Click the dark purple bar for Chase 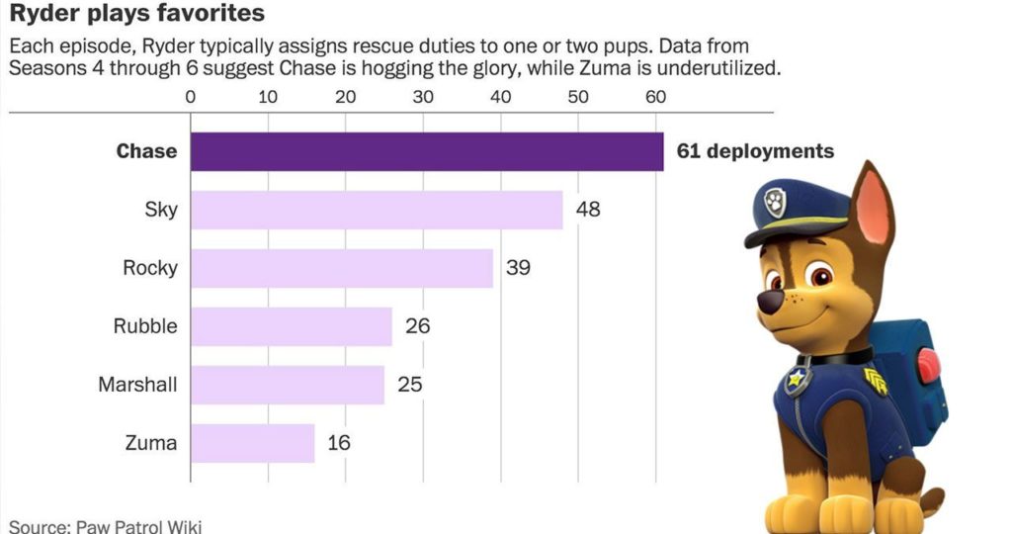point(426,151)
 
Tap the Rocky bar point(341,268)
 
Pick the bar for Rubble point(291,326)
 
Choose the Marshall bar point(287,385)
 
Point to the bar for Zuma point(252,443)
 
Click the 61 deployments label point(755,151)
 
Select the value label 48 point(588,210)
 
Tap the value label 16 point(339,443)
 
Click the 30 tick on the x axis point(423,97)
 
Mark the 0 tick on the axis point(191,97)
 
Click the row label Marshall point(137,385)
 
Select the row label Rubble point(145,326)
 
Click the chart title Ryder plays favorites point(137,15)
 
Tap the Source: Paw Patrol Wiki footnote point(106,525)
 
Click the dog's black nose point(771,301)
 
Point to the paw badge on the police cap point(777,202)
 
